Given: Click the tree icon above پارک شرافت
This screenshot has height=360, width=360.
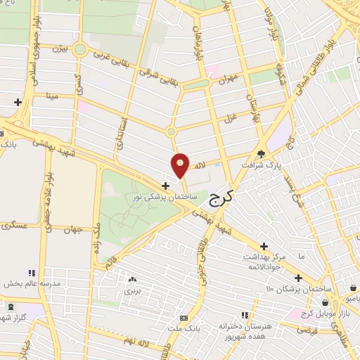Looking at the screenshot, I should tap(262, 153).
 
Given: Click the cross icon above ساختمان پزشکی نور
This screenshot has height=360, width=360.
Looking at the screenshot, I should tap(165, 186).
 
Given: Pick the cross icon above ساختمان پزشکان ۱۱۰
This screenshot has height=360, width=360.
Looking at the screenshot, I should tap(299, 278).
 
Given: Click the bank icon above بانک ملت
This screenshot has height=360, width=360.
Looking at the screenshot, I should tap(184, 318).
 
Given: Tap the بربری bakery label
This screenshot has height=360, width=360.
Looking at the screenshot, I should tap(134, 289).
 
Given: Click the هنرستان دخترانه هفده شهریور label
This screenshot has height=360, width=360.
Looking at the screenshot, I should tap(244, 328).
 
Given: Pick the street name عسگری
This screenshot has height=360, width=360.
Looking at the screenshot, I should tap(15, 225).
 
